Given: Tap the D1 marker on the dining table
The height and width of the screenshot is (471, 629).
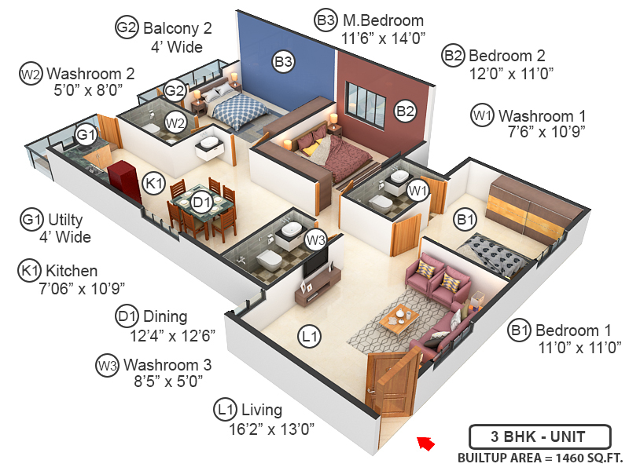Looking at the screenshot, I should click(202, 203).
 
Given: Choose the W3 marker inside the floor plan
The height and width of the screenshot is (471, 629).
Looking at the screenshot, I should click(315, 239).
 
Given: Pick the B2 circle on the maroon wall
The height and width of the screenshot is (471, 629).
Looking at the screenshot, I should click(405, 111).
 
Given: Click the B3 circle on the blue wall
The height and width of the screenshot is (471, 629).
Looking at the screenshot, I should click(283, 60).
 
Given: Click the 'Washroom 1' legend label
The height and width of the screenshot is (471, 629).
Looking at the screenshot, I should click(542, 114).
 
